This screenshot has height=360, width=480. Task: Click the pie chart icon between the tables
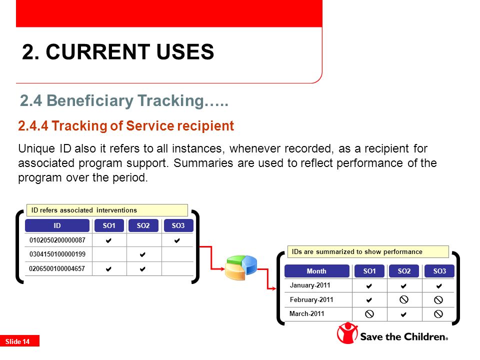[241, 267]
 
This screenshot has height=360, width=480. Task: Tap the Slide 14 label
[17, 341]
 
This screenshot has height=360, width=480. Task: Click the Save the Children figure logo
[347, 333]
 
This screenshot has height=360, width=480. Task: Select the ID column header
[57, 225]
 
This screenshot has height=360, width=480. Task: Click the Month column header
[316, 271]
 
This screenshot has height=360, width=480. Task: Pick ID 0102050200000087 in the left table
[57, 240]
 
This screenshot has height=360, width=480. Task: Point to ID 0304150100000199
[57, 254]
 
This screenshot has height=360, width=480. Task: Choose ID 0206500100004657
[57, 269]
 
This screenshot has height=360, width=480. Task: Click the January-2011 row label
[310, 285]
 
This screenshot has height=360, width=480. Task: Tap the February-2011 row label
[311, 299]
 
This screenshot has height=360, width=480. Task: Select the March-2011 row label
[306, 314]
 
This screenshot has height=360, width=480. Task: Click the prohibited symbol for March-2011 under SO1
[369, 314]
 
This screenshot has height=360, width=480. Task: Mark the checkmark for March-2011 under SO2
[404, 314]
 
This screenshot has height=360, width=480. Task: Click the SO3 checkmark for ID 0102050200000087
[177, 240]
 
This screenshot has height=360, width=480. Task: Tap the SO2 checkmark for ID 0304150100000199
[142, 254]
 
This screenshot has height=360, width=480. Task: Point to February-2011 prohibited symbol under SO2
[404, 299]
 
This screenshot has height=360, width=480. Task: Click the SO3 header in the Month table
[439, 271]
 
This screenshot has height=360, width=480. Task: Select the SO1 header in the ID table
[109, 225]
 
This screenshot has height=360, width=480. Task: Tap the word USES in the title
[185, 51]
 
